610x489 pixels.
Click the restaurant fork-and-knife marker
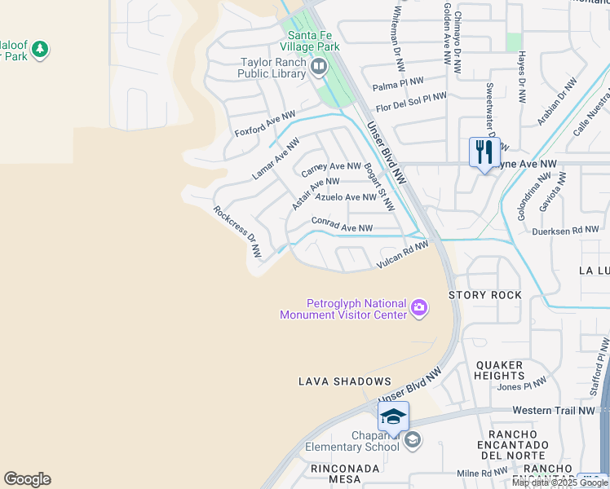coord(484,152)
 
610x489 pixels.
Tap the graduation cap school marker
coord(393,416)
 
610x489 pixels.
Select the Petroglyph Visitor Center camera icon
coord(419,307)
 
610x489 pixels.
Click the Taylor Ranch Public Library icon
coord(319,67)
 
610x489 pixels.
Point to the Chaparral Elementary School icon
coord(413,441)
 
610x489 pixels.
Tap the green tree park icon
coord(39,51)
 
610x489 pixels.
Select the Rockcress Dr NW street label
coord(237,231)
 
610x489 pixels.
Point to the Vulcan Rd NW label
coord(402,255)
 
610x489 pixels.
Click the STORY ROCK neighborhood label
coord(484,295)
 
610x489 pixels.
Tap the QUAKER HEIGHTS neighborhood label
coord(500,370)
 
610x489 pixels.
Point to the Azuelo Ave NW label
coord(346,197)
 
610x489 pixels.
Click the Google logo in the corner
coord(27,479)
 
